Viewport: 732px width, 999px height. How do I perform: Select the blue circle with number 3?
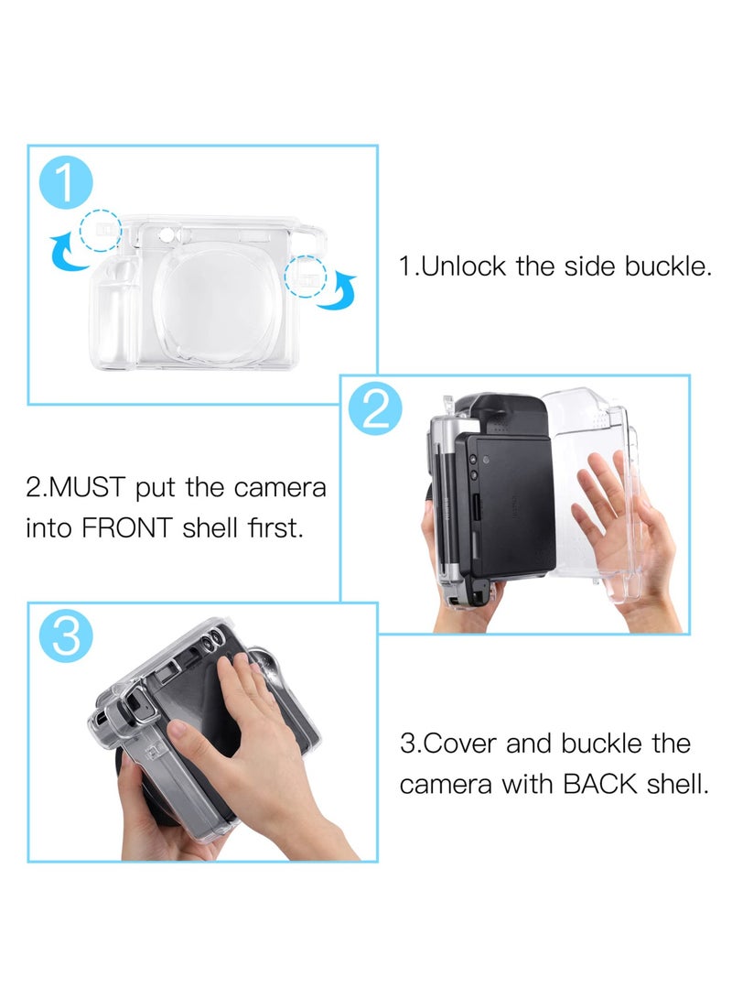click(x=66, y=635)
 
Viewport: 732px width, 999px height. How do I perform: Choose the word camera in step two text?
click(x=283, y=487)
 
